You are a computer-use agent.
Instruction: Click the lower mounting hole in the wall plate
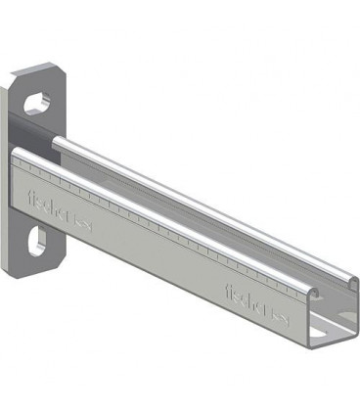coord(37,239)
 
